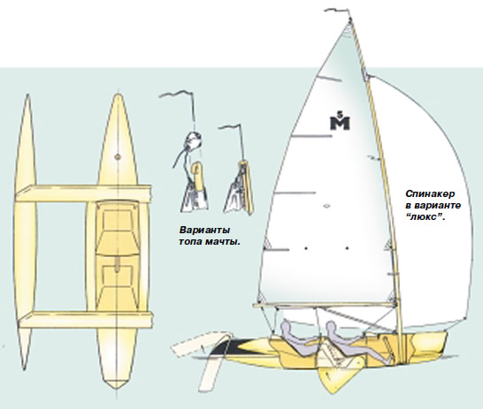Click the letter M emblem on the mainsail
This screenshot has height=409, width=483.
pyautogui.click(x=340, y=122)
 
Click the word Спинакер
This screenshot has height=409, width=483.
pyautogui.click(x=430, y=194)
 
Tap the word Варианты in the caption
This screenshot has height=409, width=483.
pyautogui.click(x=204, y=231)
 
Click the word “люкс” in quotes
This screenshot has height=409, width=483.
pyautogui.click(x=425, y=216)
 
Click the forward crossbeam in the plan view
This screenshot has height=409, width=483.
pyautogui.click(x=83, y=193)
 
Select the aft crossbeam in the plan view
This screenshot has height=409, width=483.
pyautogui.click(x=86, y=320)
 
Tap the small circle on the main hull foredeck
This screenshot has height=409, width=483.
pyautogui.click(x=118, y=157)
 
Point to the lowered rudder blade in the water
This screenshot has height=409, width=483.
pyautogui.click(x=210, y=372)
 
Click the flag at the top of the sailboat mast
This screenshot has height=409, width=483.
pyautogui.click(x=337, y=11)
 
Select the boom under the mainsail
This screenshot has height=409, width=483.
pyautogui.click(x=325, y=305)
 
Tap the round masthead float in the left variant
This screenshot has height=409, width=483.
pyautogui.click(x=194, y=140)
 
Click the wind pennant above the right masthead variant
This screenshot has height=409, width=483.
pyautogui.click(x=230, y=127)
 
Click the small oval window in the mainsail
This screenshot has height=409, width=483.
pyautogui.click(x=327, y=206)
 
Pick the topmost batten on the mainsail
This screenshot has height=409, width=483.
pyautogui.click(x=329, y=79)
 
